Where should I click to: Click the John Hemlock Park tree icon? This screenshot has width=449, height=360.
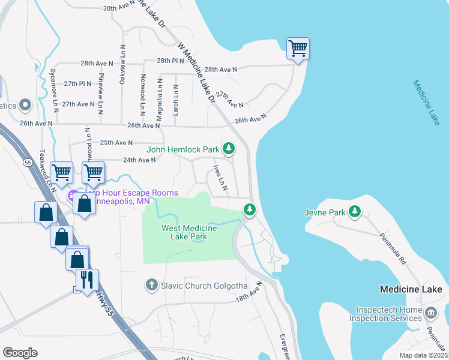click(x=228, y=148)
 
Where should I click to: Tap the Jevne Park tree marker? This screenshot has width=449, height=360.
click(x=355, y=212)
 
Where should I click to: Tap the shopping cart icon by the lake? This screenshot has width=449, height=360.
click(x=298, y=48)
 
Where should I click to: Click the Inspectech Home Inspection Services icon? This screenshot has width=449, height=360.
click(x=430, y=313)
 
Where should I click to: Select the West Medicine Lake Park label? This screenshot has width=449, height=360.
click(x=184, y=232)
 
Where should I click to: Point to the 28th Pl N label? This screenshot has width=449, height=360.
click(x=170, y=61)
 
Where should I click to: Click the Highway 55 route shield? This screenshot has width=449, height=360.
click(x=28, y=163)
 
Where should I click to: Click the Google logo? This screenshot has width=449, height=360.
click(x=20, y=353)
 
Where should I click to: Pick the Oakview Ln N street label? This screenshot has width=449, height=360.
click(x=122, y=64)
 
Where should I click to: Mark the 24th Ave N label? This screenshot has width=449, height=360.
click(x=139, y=160)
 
